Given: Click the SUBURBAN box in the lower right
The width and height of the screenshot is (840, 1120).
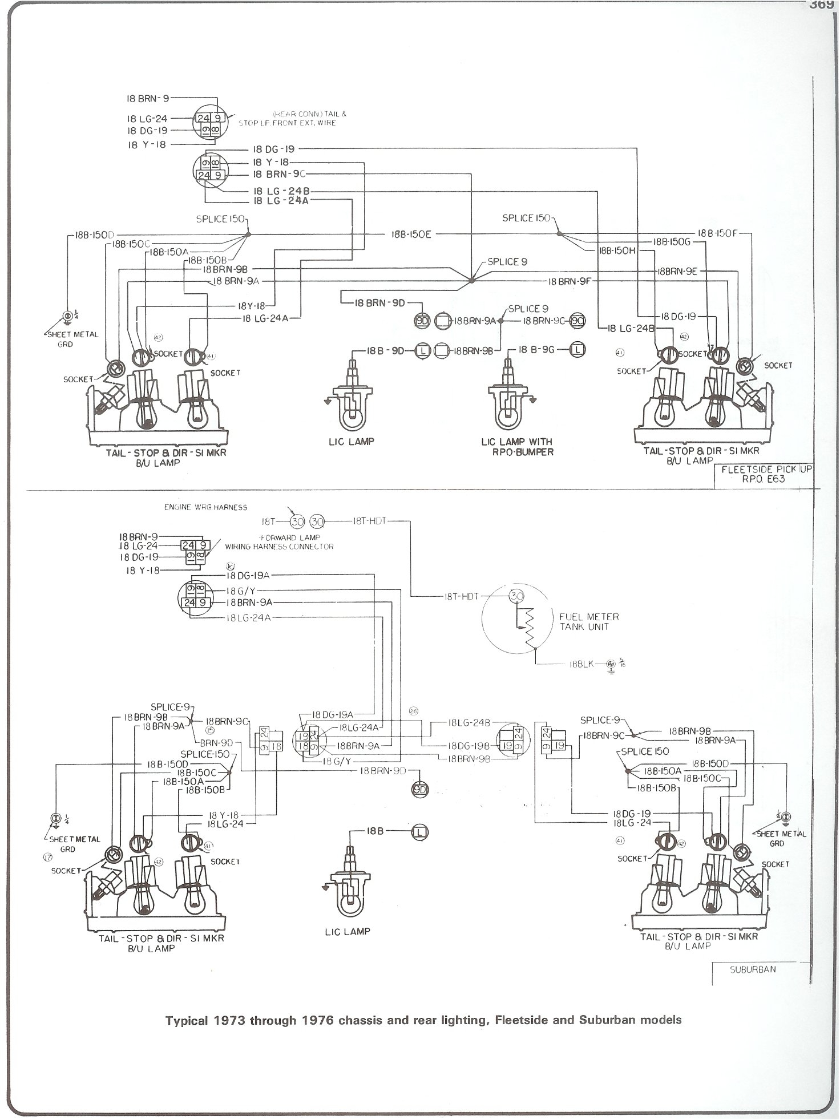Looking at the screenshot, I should click(x=753, y=969).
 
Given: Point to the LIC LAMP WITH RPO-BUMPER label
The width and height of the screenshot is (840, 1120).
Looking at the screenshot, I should click(x=517, y=446).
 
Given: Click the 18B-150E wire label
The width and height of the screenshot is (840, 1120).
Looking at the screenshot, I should click(x=411, y=234).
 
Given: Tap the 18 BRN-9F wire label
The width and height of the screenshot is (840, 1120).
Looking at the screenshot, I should click(x=569, y=281).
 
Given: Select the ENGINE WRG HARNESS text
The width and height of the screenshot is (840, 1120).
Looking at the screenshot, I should click(x=205, y=507).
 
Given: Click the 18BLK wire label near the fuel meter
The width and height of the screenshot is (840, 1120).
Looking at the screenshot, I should click(x=581, y=664).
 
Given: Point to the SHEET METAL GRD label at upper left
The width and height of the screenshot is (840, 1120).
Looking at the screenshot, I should click(x=72, y=339).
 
